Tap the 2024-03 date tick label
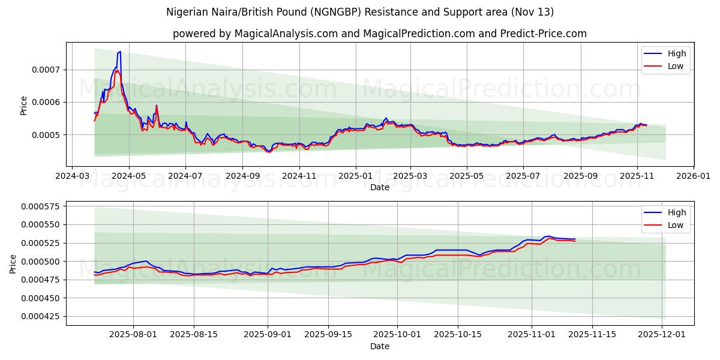coord(72,176)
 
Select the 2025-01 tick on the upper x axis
coord(355,176)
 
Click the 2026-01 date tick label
coord(694,176)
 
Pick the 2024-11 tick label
coord(299,176)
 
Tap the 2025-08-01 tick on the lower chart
coord(133,335)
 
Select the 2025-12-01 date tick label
coord(662,335)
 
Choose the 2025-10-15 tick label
coord(458,335)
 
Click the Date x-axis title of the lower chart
coord(380,346)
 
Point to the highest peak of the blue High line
coord(120,52)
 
